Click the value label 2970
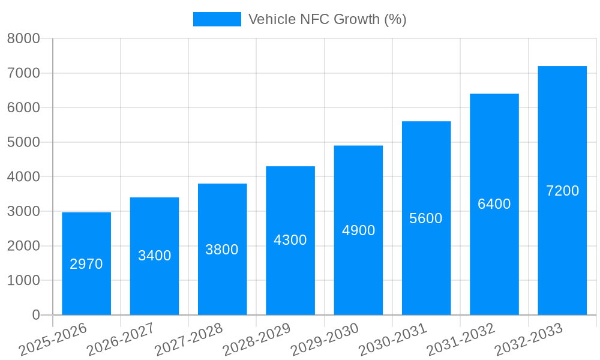click(x=86, y=264)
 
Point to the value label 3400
click(x=154, y=256)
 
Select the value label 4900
click(x=358, y=230)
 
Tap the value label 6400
click(x=494, y=204)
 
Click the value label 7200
click(x=562, y=191)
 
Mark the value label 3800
click(x=222, y=250)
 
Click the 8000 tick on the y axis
click(x=23, y=39)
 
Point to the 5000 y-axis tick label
click(x=23, y=142)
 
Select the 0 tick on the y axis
click(x=35, y=315)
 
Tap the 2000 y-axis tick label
click(x=23, y=246)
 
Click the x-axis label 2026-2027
click(x=121, y=340)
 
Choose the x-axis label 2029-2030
click(x=325, y=340)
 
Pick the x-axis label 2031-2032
click(x=461, y=340)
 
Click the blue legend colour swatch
click(x=217, y=19)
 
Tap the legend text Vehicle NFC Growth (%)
click(x=327, y=19)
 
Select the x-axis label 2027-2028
click(x=188, y=340)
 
